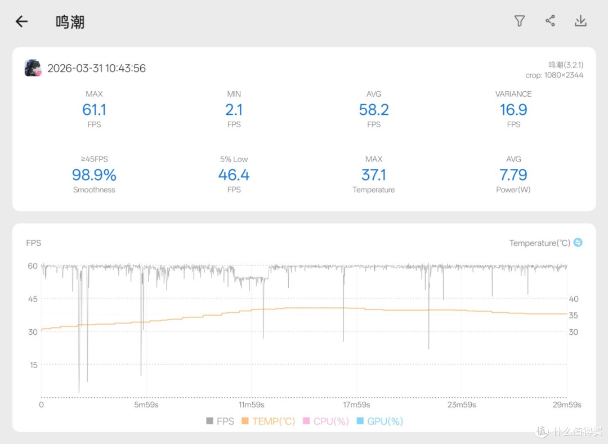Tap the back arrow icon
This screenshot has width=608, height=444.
(x=22, y=21)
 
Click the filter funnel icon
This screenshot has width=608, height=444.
(x=520, y=21)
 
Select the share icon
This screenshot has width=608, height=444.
(x=550, y=21)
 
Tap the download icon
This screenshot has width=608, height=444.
(x=580, y=21)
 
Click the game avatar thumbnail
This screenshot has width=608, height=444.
(x=33, y=68)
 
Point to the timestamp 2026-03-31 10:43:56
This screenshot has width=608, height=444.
(x=97, y=68)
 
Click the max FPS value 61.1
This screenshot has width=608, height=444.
(x=94, y=110)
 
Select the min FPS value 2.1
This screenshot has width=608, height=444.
(x=234, y=110)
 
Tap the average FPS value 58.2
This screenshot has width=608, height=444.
(x=374, y=110)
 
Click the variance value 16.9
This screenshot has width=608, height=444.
(x=513, y=110)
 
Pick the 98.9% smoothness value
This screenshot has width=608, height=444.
(x=94, y=175)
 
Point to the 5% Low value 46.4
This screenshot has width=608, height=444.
(x=234, y=175)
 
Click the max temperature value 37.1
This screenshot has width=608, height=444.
(x=374, y=175)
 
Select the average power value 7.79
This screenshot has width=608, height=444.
(x=513, y=175)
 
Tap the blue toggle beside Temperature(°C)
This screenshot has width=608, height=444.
(x=578, y=243)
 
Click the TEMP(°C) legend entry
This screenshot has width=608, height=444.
(x=269, y=421)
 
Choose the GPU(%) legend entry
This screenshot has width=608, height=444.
(x=379, y=421)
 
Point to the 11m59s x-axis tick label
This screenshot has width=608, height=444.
(x=251, y=405)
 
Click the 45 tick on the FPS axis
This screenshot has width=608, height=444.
(x=33, y=299)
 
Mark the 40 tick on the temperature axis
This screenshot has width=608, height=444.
(x=574, y=299)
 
